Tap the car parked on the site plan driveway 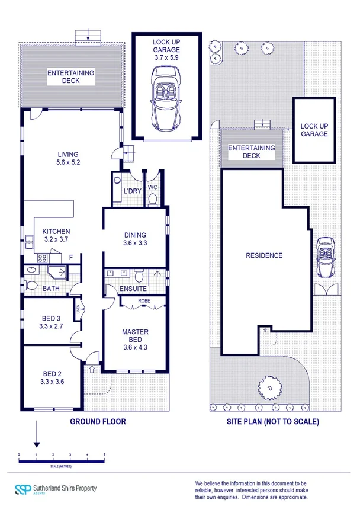pyautogui.click(x=325, y=257)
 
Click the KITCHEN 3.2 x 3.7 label pyautogui.click(x=56, y=235)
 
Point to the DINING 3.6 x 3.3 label pyautogui.click(x=135, y=239)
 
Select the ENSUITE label pyautogui.click(x=133, y=289)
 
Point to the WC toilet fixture pyautogui.click(x=152, y=198)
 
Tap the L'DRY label pyautogui.click(x=131, y=191)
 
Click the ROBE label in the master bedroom pyautogui.click(x=143, y=301)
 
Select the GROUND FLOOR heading pyautogui.click(x=98, y=422)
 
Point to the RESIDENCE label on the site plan pyautogui.click(x=264, y=256)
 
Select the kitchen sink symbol pyautogui.click(x=28, y=241)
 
